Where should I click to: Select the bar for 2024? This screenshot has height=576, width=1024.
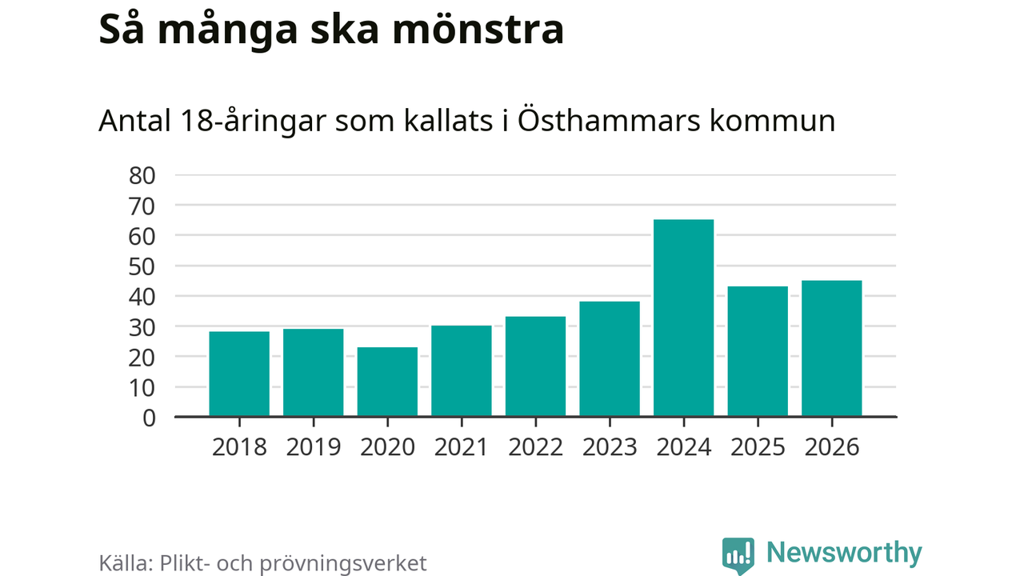coord(683,318)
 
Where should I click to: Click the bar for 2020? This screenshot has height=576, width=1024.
coord(387,382)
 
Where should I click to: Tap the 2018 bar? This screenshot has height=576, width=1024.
coord(239,374)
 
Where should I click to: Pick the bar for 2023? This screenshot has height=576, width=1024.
coord(610,358)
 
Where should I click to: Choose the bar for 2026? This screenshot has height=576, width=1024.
coord(831,348)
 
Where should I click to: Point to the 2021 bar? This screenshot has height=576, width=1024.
coord(462,370)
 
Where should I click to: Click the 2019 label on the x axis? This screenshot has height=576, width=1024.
coord(314,446)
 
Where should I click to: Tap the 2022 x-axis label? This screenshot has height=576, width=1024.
coord(535,446)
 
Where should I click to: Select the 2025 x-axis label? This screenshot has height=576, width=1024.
coord(758,446)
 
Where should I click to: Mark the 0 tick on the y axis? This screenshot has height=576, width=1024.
coord(149,417)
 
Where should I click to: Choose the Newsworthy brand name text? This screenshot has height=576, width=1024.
coord(844,553)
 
